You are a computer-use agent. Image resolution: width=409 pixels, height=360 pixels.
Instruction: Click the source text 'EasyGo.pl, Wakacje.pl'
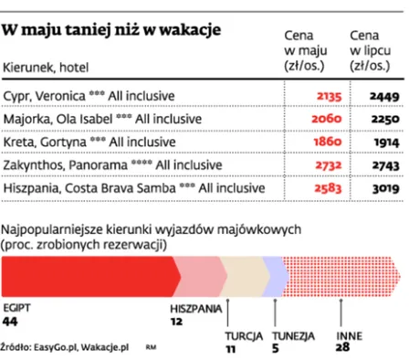[x=78, y=348]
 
